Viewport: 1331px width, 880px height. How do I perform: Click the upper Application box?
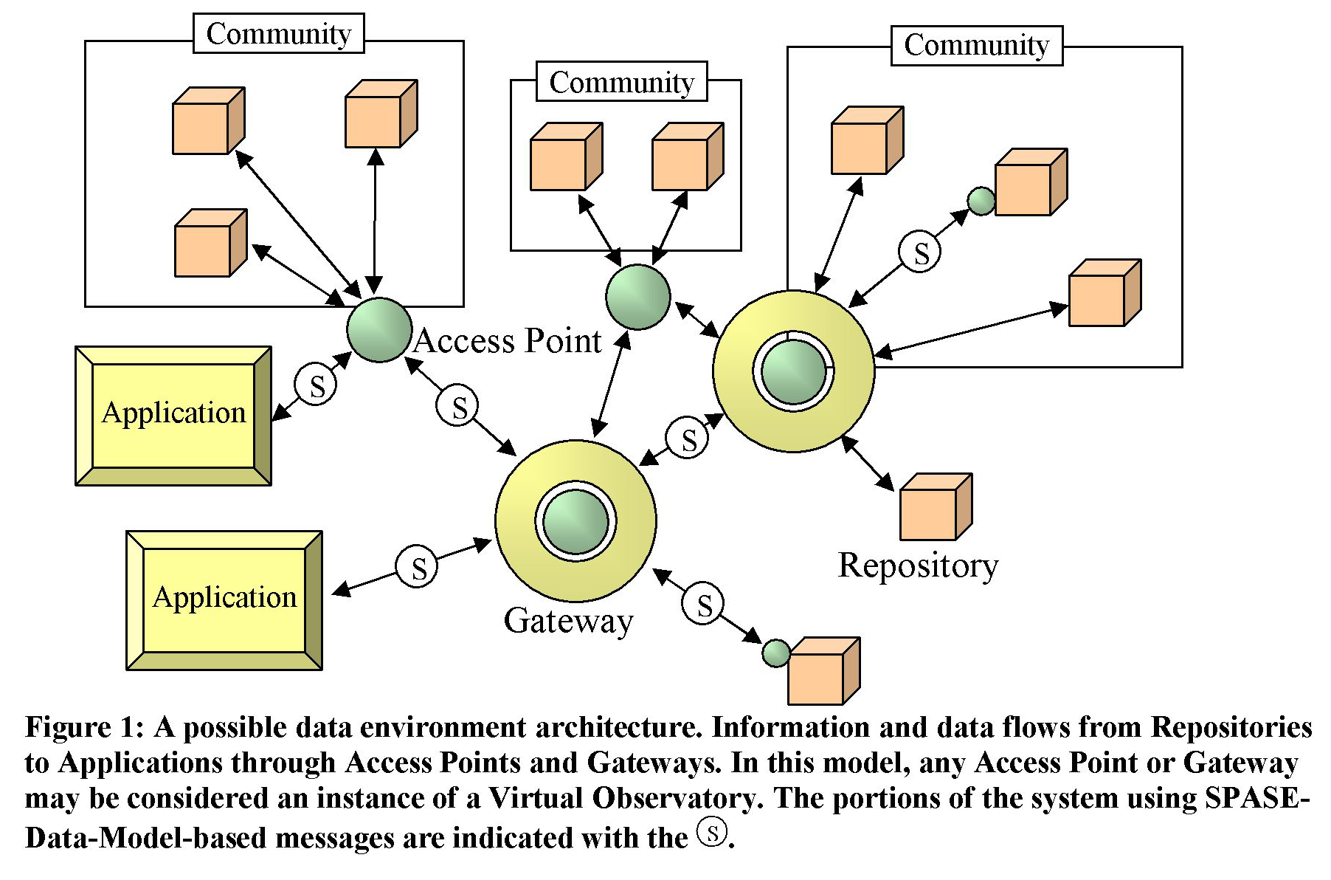[173, 416]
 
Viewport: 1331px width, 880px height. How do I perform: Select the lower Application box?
[224, 600]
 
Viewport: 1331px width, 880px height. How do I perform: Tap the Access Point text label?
[508, 341]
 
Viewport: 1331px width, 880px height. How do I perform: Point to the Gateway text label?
[568, 621]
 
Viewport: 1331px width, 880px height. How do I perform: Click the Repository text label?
[918, 566]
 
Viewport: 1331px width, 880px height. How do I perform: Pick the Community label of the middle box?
[622, 82]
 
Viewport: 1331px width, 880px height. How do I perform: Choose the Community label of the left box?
[279, 33]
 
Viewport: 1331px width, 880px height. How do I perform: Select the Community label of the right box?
[976, 45]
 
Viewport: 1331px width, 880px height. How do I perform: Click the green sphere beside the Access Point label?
[379, 330]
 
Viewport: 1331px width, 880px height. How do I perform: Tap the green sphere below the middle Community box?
[637, 297]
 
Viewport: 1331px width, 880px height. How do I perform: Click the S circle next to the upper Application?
[316, 385]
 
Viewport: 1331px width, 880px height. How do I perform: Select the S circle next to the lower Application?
[417, 566]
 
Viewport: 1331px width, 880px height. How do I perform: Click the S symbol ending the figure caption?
[712, 832]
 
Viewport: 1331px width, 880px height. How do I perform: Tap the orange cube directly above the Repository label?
[936, 506]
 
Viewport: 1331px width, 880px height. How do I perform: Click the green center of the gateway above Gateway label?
[575, 521]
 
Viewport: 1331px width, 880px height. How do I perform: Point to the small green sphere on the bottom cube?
[776, 653]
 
